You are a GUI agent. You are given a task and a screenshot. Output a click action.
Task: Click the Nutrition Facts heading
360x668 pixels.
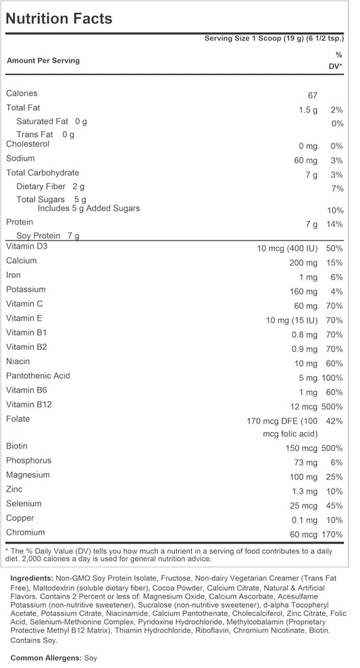(x=59, y=19)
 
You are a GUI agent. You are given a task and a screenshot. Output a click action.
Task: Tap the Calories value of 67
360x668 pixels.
(x=311, y=96)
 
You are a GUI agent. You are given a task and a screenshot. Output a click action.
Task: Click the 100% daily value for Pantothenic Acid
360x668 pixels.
(x=331, y=378)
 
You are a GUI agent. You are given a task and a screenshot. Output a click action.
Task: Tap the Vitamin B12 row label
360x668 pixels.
(x=29, y=405)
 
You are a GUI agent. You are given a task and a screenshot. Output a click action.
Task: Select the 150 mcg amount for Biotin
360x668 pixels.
(x=301, y=448)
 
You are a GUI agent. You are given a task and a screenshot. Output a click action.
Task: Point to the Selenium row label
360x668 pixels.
(x=24, y=503)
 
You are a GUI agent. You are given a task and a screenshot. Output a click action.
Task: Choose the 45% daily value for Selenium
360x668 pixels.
(x=334, y=506)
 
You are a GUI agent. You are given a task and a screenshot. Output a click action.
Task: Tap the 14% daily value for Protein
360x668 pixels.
(x=334, y=224)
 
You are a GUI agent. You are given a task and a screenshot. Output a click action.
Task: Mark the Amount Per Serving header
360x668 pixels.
(x=43, y=61)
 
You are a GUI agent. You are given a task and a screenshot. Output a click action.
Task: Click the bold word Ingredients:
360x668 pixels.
(x=32, y=579)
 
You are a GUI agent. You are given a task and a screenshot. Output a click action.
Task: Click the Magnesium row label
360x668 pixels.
(x=27, y=475)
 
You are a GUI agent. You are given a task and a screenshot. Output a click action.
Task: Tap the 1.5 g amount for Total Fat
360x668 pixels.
(x=307, y=110)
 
